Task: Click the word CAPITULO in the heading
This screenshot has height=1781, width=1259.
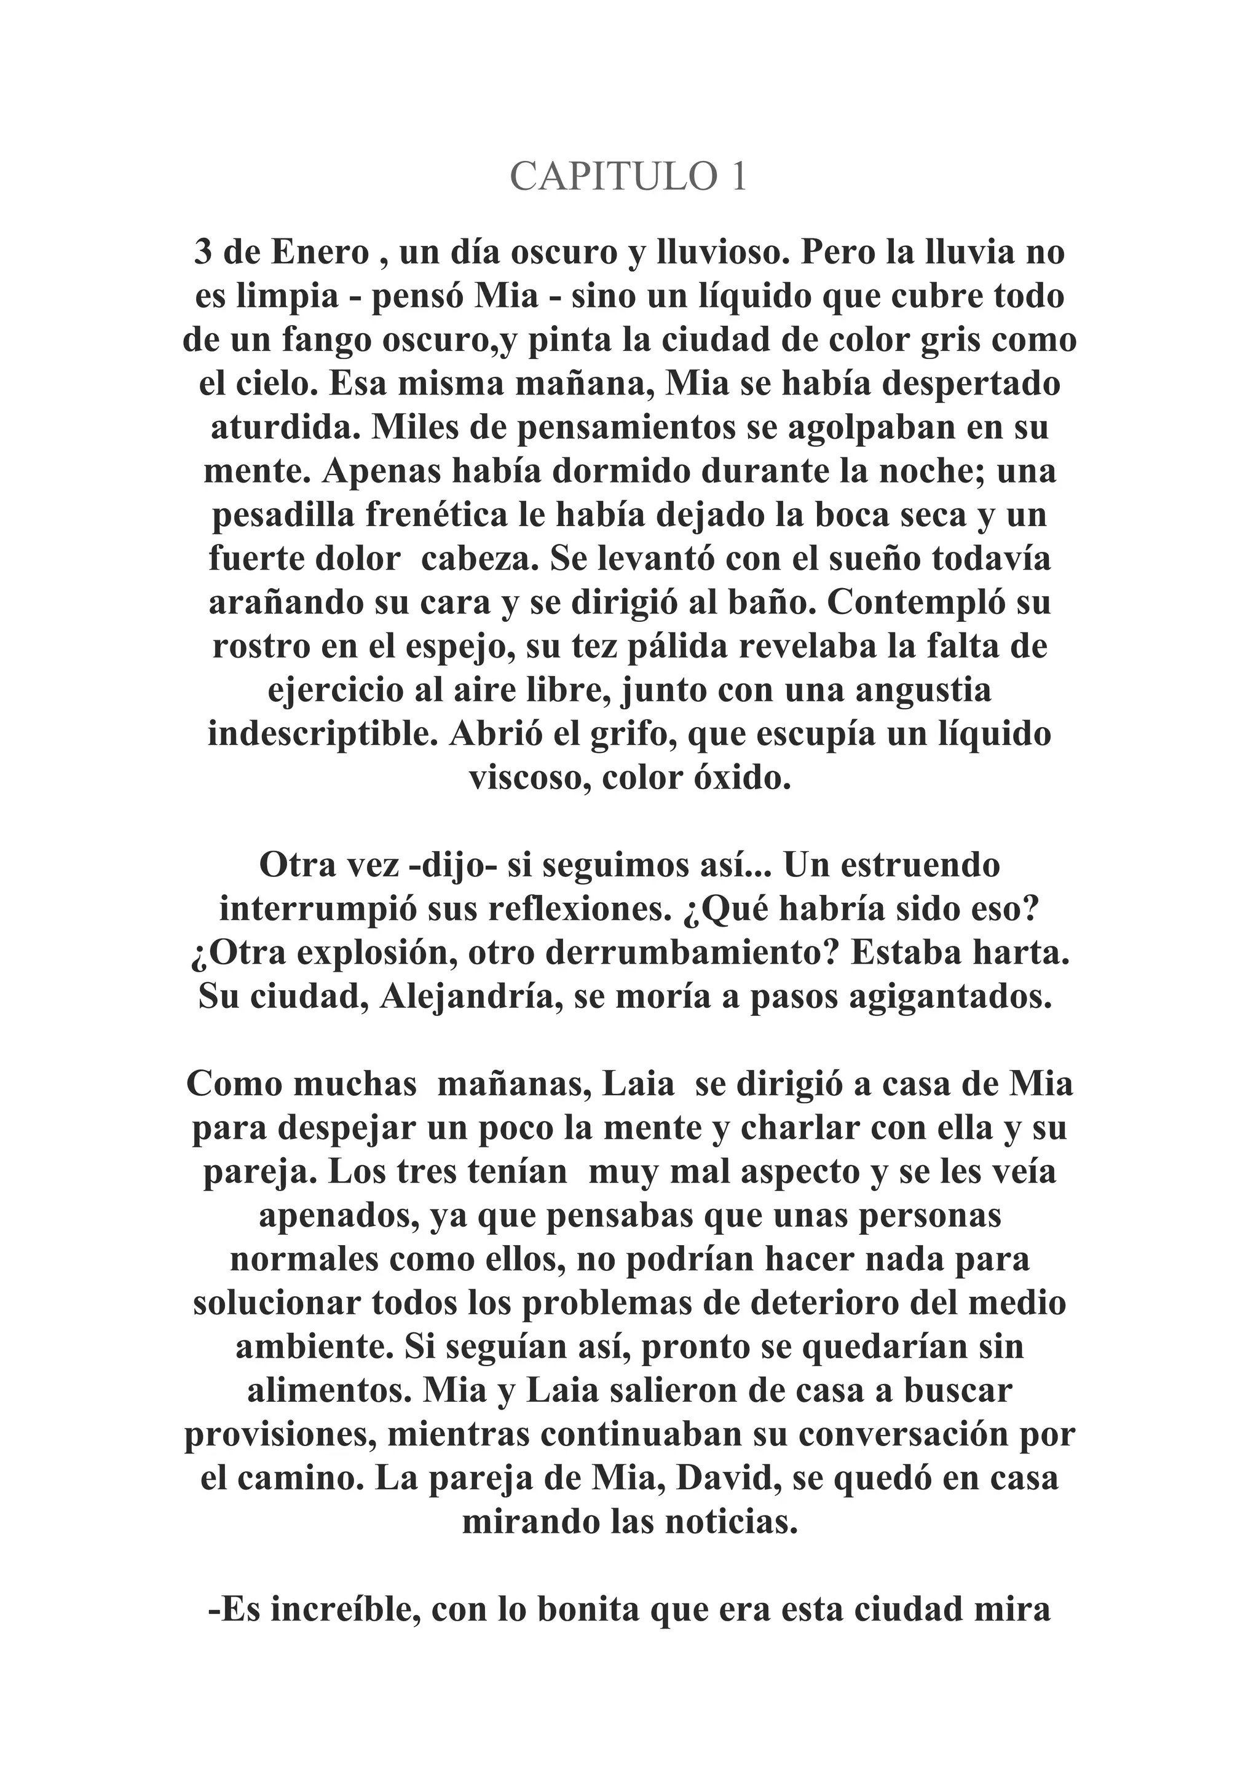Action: (610, 177)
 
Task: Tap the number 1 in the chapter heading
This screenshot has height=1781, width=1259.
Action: (736, 177)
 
